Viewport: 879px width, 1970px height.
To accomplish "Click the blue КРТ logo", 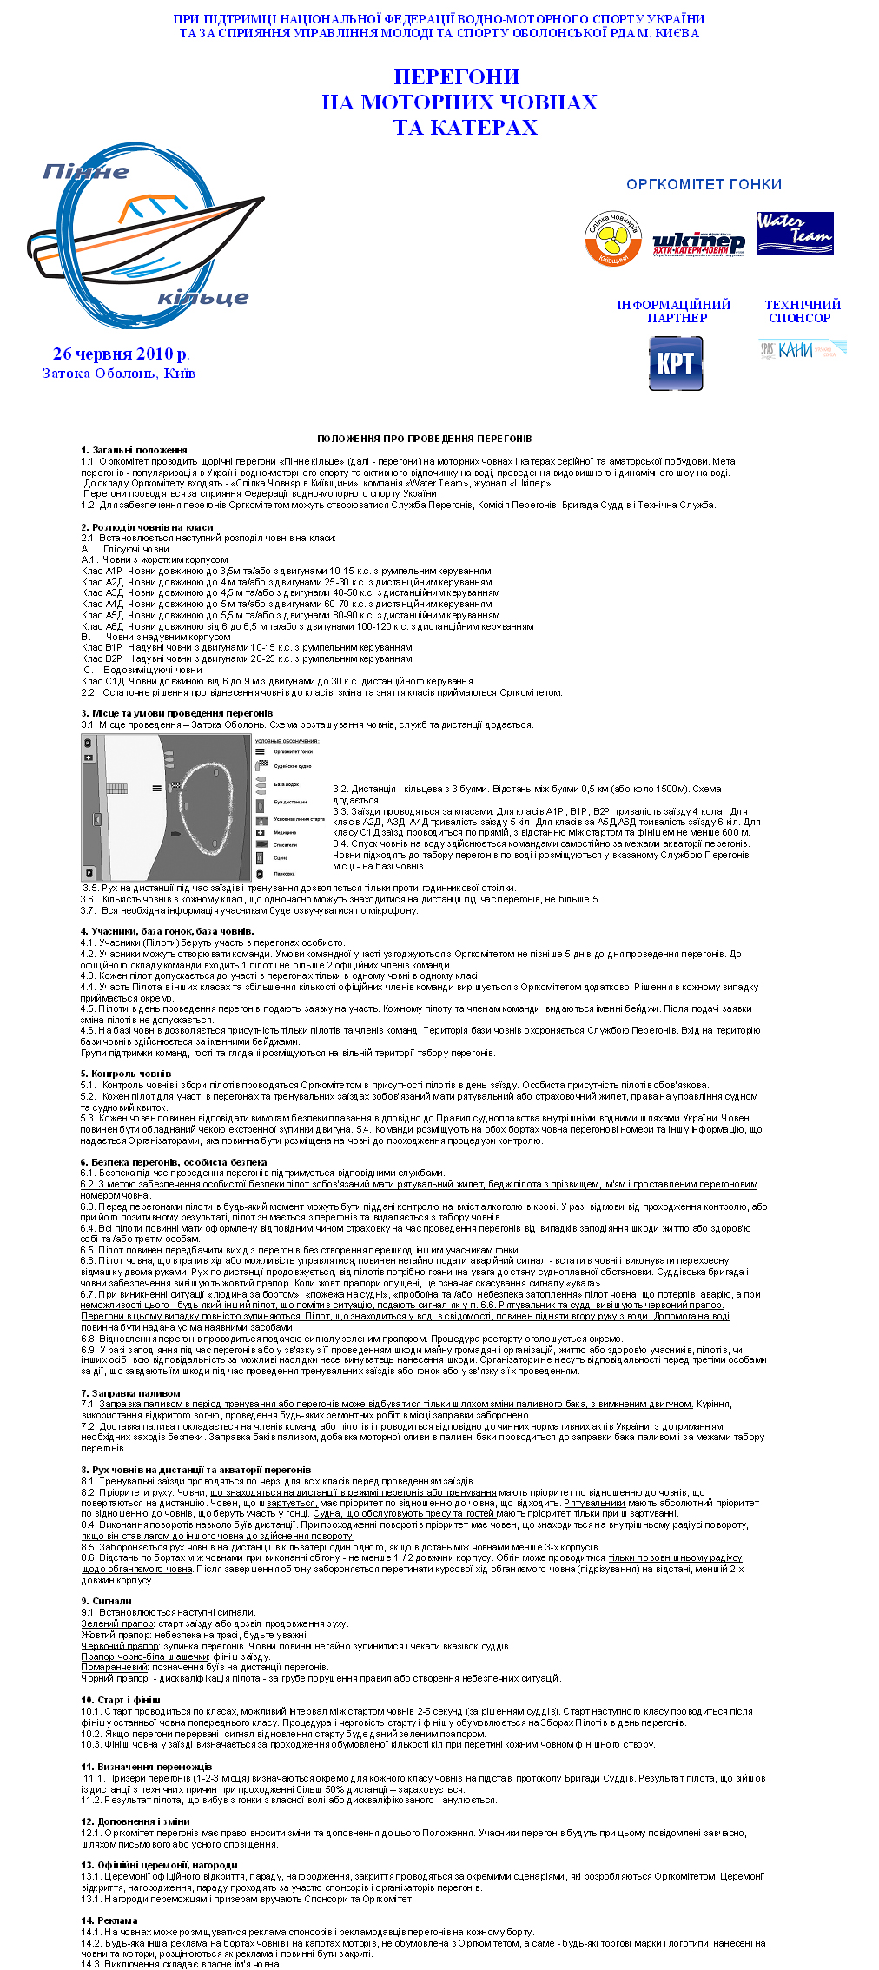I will click(676, 363).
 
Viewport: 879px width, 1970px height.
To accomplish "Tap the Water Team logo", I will click(795, 233).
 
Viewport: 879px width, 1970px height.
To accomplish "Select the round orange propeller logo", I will click(612, 238).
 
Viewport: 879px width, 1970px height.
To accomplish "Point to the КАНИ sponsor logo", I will click(802, 350).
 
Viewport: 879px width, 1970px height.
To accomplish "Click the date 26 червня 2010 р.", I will click(121, 354).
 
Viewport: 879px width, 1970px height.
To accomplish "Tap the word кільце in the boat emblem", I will click(203, 298).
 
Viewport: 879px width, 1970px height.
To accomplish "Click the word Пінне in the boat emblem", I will click(86, 171).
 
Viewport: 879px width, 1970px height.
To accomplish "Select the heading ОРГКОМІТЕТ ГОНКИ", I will click(704, 184).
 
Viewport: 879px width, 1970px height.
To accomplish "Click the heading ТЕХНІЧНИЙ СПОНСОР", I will click(803, 311).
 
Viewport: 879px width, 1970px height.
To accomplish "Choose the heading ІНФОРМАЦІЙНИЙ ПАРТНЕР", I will click(674, 311).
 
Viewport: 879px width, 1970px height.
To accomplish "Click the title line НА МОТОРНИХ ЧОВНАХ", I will click(459, 102).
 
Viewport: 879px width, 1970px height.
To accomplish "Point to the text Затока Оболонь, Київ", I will click(119, 374).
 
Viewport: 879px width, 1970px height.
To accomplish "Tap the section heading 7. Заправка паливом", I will click(130, 1393).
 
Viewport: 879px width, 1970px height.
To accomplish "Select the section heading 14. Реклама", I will click(109, 1920).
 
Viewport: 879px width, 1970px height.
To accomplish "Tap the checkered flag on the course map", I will click(176, 786).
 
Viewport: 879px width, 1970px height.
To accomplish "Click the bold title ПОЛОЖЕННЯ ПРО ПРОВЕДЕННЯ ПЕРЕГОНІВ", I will click(424, 439).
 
